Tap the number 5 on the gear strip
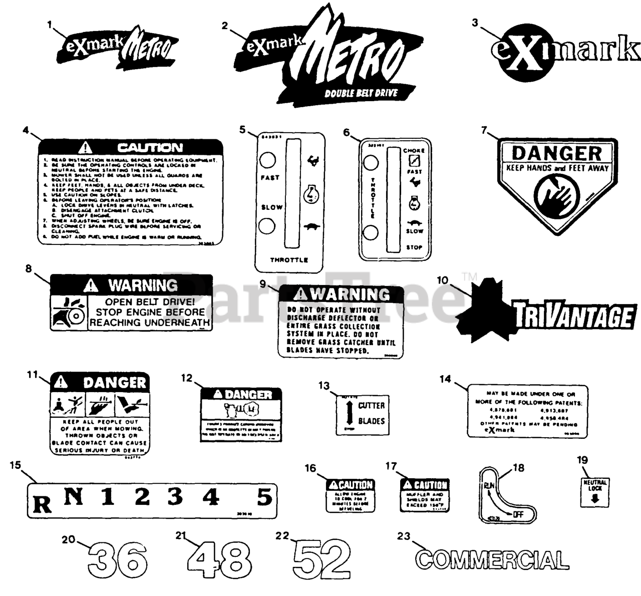pyautogui.click(x=264, y=497)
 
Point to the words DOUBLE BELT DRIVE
pyautogui.click(x=361, y=93)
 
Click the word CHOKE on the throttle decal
pyautogui.click(x=414, y=150)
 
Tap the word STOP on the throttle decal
pyautogui.click(x=414, y=247)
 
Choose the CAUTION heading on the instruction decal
pyautogui.click(x=150, y=148)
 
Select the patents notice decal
pyautogui.click(x=527, y=411)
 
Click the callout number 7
pyautogui.click(x=484, y=130)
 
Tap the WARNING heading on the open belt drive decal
pyautogui.click(x=143, y=286)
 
